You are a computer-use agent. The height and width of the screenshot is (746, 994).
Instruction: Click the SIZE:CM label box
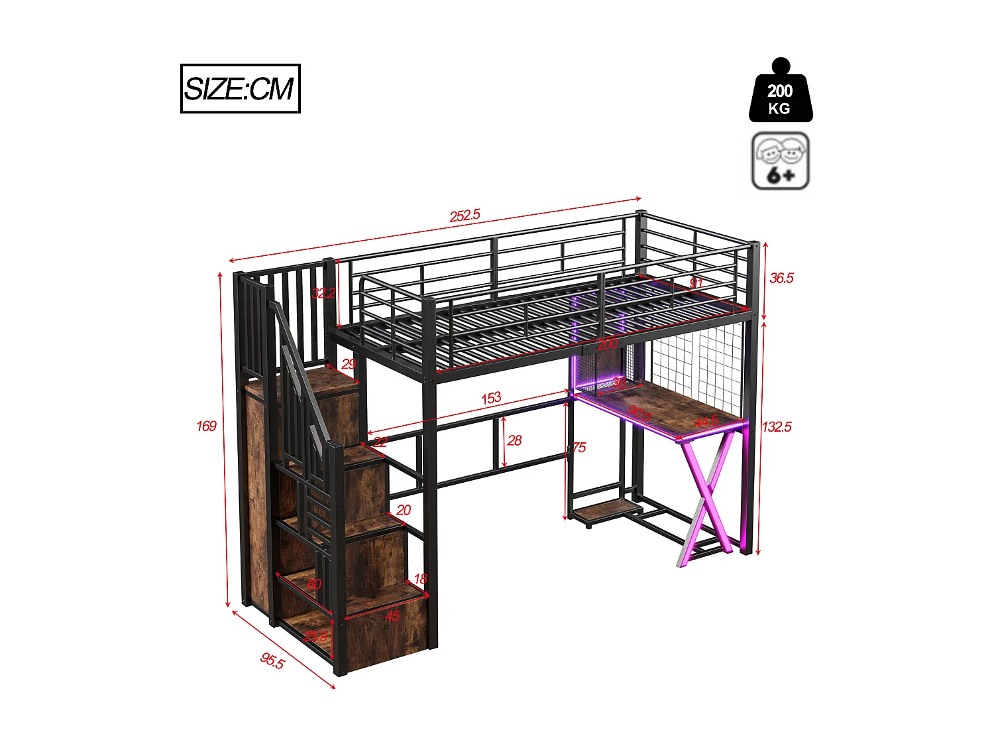coord(240,88)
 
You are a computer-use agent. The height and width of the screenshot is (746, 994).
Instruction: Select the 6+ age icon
coord(780,161)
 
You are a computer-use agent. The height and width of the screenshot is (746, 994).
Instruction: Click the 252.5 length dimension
coord(465,216)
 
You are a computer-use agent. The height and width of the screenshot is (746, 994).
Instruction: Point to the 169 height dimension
coord(206,426)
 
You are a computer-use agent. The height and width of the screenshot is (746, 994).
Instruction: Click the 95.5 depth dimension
coord(272,660)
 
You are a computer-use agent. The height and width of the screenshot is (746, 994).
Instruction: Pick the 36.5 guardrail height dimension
coord(781,278)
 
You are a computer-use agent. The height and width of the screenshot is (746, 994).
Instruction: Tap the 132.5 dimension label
coord(777,426)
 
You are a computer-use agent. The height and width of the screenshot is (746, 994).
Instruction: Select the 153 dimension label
coord(491,398)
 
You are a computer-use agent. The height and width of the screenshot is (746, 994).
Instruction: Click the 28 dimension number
coord(514,440)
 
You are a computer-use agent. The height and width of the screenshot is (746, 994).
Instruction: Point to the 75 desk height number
coord(579,448)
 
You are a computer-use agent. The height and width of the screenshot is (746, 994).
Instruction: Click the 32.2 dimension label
coord(323,292)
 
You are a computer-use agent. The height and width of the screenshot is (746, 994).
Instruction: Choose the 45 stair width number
coord(392,616)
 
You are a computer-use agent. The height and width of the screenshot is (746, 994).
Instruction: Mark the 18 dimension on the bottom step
coord(420,579)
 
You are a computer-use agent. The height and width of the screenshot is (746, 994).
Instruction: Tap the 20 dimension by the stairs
coord(404,510)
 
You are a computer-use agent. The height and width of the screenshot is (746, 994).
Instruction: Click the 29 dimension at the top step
coord(349,363)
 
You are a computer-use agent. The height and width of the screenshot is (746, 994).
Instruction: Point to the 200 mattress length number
coord(606,343)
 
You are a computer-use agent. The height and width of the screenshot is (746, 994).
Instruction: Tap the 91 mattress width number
coord(696,283)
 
